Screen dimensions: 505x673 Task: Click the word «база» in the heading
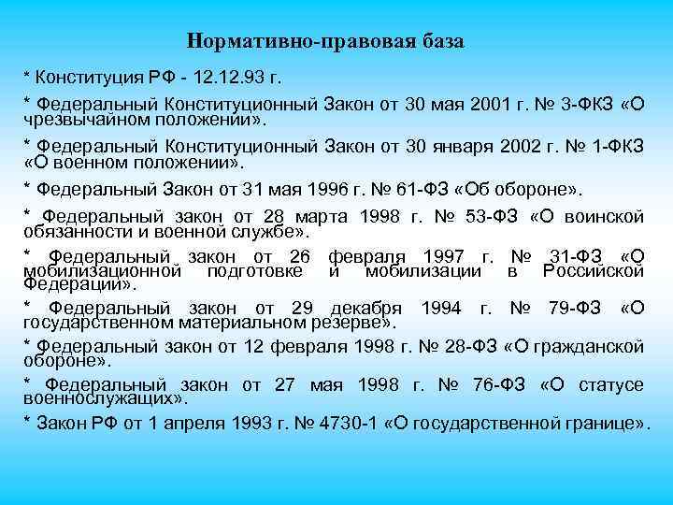point(437,42)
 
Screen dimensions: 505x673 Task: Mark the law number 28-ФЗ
point(464,348)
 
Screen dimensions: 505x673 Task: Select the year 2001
point(464,102)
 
